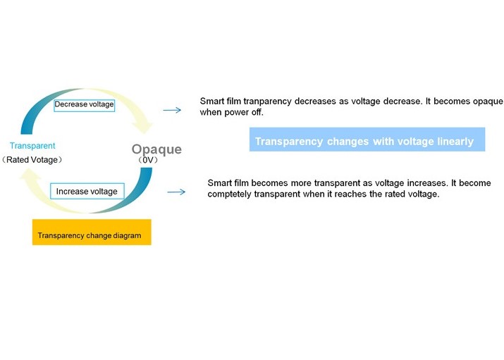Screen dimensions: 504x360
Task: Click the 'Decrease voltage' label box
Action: click(x=84, y=105)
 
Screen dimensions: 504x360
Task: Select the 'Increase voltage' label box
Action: click(x=87, y=192)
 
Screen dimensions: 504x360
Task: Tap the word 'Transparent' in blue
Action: click(x=32, y=146)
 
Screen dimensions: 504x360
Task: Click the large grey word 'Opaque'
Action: click(x=156, y=149)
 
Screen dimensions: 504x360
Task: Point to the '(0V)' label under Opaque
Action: click(x=148, y=160)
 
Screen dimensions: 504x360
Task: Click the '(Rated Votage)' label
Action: click(x=32, y=160)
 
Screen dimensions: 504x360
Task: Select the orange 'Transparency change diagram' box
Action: click(x=92, y=232)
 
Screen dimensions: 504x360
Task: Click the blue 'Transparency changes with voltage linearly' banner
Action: click(x=367, y=139)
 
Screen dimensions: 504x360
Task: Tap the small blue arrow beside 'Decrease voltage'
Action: click(x=172, y=110)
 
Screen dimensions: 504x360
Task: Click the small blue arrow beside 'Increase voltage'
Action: click(x=176, y=192)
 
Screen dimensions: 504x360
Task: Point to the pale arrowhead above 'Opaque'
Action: click(x=145, y=126)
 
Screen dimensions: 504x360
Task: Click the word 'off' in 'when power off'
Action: click(x=257, y=113)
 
